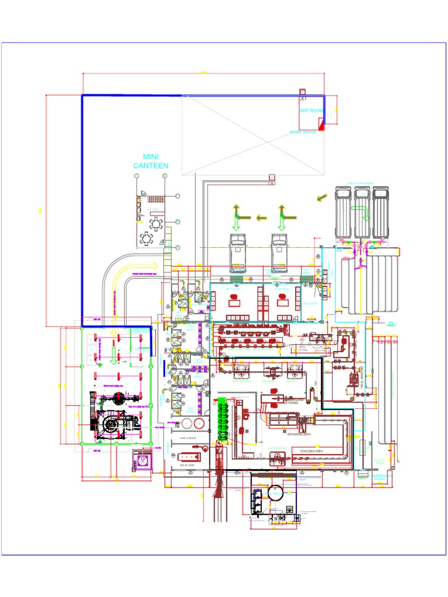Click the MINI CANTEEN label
coord(151,161)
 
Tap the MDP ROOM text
coord(311,110)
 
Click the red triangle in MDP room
coord(321,124)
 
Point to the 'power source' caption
coord(303,132)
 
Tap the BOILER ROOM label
coord(187,465)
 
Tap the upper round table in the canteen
coord(156,223)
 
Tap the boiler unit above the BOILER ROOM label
coord(188,456)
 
